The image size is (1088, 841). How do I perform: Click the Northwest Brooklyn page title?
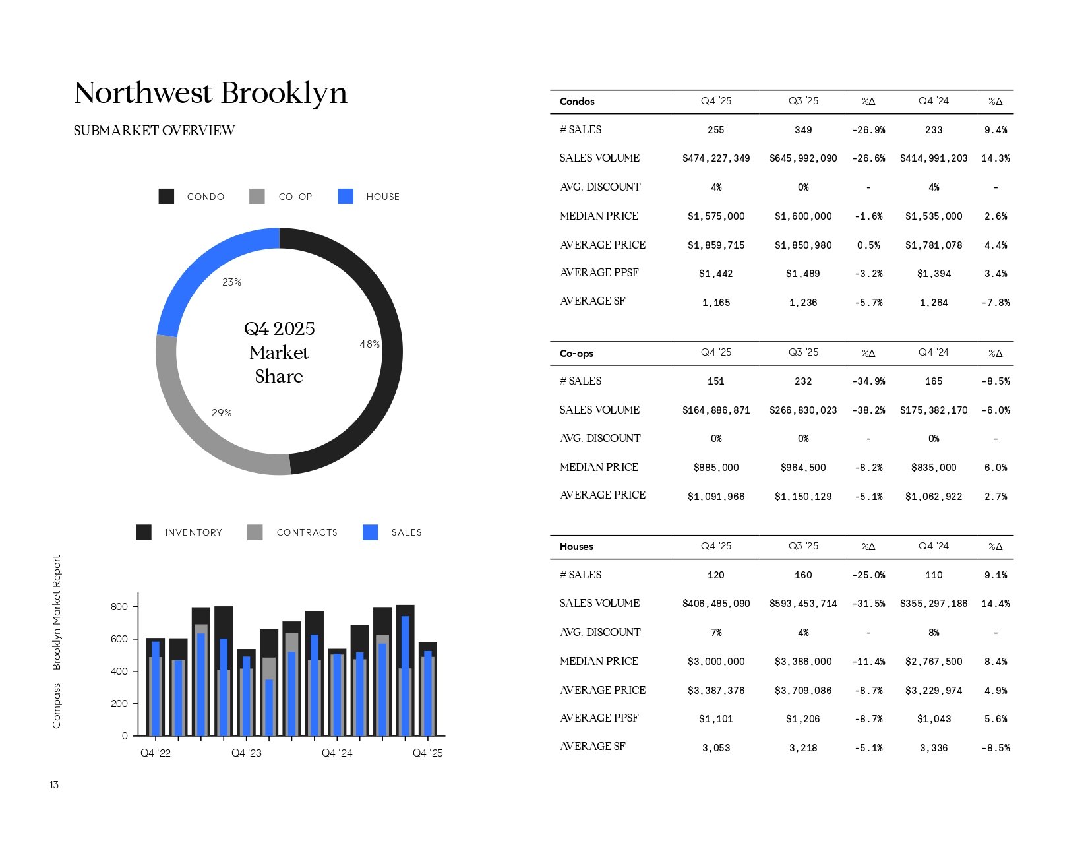[x=210, y=94]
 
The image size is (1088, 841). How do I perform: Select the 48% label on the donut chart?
[x=369, y=344]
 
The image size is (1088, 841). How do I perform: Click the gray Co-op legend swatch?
[x=257, y=197]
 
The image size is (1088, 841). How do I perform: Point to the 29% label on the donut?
[x=222, y=412]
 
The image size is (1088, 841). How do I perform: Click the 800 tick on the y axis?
[x=119, y=607]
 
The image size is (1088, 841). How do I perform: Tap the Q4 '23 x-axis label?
[x=246, y=753]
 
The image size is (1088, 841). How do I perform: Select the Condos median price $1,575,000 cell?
[x=716, y=216]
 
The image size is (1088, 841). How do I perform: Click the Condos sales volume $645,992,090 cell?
[x=803, y=158]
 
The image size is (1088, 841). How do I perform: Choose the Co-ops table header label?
[x=576, y=353]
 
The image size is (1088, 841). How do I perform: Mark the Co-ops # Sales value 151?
[x=716, y=381]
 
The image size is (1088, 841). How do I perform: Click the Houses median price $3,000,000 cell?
[x=716, y=662]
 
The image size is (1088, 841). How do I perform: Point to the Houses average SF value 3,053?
[x=716, y=748]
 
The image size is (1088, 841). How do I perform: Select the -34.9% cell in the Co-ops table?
[x=868, y=381]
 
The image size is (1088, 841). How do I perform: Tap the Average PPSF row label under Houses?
[x=599, y=718]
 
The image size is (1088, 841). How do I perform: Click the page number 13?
[x=54, y=784]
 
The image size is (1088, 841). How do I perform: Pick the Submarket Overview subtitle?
[x=154, y=131]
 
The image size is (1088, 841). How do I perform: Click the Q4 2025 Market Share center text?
[x=279, y=352]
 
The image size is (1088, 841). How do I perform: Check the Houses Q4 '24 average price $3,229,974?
[x=934, y=691]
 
